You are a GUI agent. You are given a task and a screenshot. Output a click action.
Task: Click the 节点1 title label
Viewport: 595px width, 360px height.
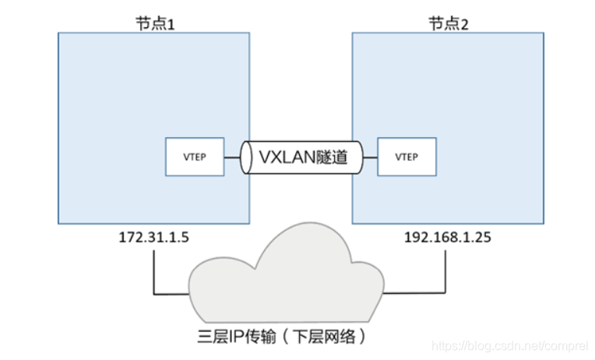(x=153, y=23)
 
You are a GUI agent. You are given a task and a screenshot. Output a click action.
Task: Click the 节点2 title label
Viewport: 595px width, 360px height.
(x=448, y=23)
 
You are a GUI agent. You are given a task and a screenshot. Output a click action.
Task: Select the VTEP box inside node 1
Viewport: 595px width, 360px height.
(x=194, y=157)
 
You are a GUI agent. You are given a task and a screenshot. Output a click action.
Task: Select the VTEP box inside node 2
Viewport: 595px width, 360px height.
(x=407, y=157)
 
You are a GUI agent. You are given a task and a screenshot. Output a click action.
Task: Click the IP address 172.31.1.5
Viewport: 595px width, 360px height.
(x=153, y=235)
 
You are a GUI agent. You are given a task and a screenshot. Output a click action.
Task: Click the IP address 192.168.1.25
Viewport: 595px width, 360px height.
(x=447, y=235)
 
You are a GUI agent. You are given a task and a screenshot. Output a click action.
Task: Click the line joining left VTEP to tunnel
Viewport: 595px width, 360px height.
(x=232, y=157)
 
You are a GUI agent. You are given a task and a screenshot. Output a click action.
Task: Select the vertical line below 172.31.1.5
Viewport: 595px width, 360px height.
(x=153, y=269)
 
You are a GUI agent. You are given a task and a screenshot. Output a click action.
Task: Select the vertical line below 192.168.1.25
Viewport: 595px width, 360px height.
(x=445, y=269)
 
